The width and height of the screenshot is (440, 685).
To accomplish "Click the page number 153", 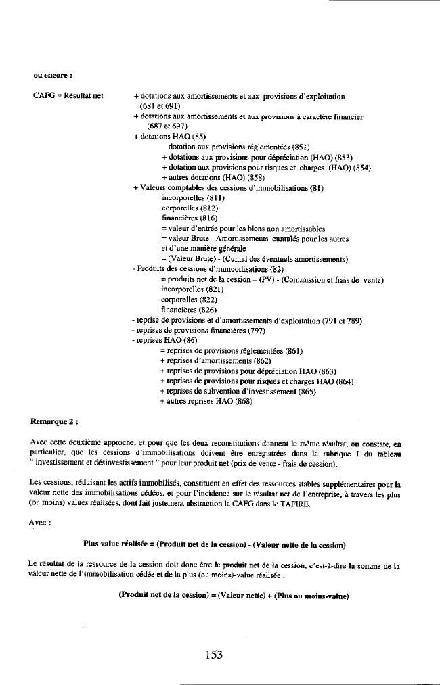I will coord(214,654).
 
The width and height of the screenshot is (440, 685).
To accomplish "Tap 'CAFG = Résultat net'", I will coord(68,97).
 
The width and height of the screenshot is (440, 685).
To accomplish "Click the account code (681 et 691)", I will coord(159,107).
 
